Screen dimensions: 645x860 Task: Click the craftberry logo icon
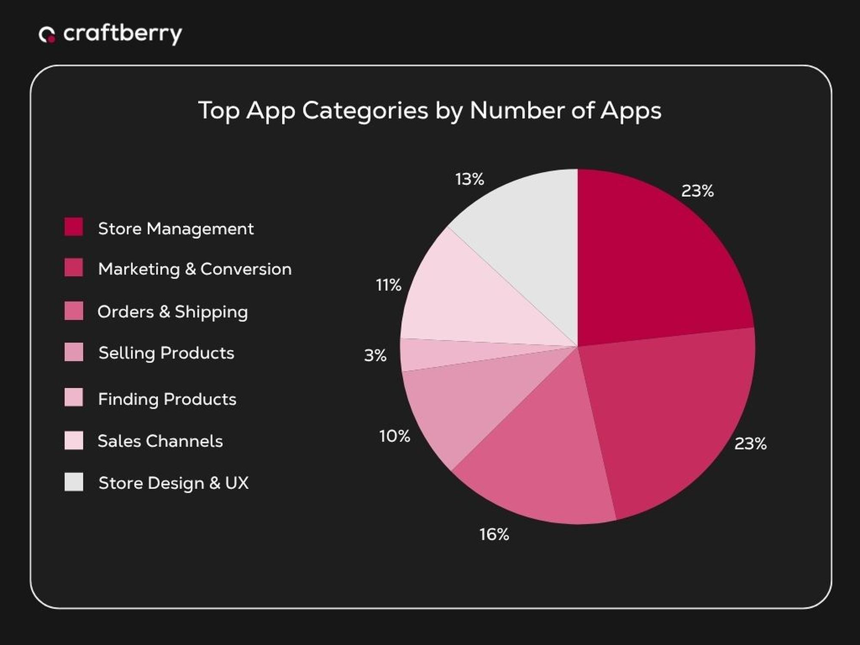tap(47, 35)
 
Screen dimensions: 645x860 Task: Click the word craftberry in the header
tap(123, 34)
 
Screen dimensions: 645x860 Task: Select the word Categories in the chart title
tap(365, 111)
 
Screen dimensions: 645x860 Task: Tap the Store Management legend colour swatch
tap(74, 227)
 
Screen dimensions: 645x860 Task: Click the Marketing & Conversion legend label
tap(194, 269)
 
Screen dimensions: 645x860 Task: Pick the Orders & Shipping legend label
tap(172, 312)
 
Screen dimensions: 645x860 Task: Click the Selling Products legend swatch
tap(74, 352)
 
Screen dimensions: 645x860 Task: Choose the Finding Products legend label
tap(167, 399)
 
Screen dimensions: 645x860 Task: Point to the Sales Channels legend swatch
tap(74, 441)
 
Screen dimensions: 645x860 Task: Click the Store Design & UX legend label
tap(173, 483)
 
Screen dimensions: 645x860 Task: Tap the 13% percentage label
tap(470, 179)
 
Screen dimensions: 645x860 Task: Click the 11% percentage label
tap(388, 285)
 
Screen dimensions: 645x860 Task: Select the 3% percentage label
tap(375, 356)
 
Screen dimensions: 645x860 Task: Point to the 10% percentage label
tap(394, 436)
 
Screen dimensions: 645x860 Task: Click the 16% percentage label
tap(494, 534)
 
